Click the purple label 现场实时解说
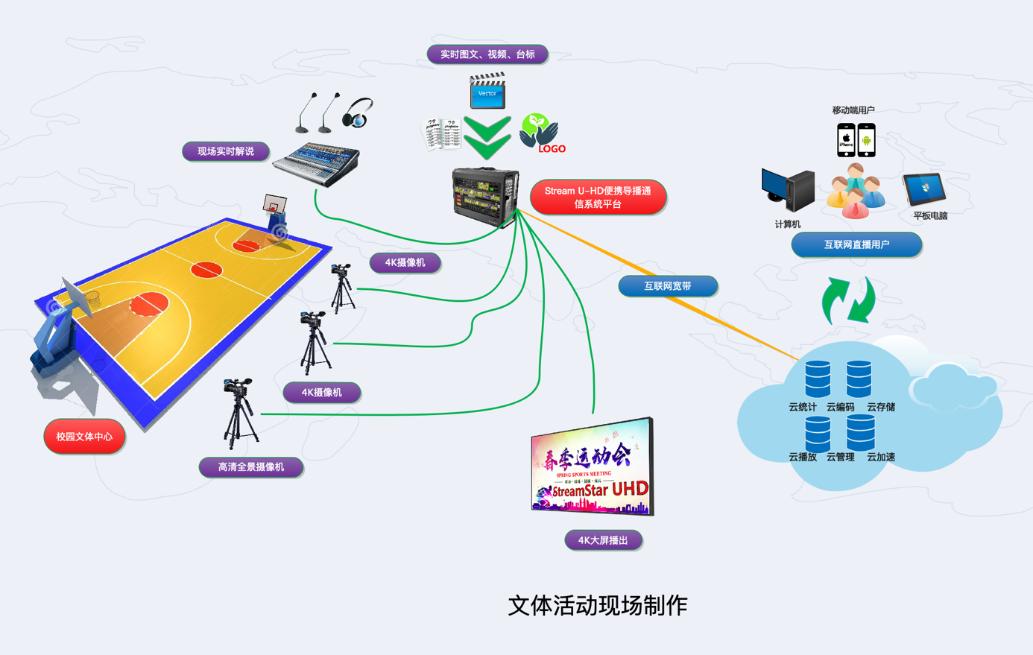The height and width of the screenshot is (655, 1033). [225, 151]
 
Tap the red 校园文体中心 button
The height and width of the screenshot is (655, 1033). [84, 437]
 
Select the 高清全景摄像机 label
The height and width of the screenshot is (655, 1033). [250, 467]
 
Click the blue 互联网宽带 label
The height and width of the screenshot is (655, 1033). [667, 286]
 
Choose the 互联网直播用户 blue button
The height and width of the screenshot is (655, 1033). [856, 244]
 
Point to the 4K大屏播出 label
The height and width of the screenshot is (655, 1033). [603, 540]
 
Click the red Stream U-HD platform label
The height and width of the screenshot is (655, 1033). [598, 197]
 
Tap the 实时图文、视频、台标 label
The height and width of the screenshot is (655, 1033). [487, 54]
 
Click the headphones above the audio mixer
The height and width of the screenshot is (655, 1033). [358, 113]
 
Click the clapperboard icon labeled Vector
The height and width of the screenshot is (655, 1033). [487, 90]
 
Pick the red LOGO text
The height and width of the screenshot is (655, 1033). [552, 149]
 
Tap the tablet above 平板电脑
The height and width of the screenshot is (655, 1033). [924, 189]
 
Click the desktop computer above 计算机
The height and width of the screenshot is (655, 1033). [788, 190]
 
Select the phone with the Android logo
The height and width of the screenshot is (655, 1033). [866, 139]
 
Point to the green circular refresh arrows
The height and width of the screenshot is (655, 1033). [848, 300]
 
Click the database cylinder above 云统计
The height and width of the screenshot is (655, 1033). [818, 379]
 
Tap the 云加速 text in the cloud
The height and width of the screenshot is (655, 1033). [881, 457]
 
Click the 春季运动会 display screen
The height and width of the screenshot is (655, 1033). [592, 467]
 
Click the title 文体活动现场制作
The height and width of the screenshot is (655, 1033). [597, 605]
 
